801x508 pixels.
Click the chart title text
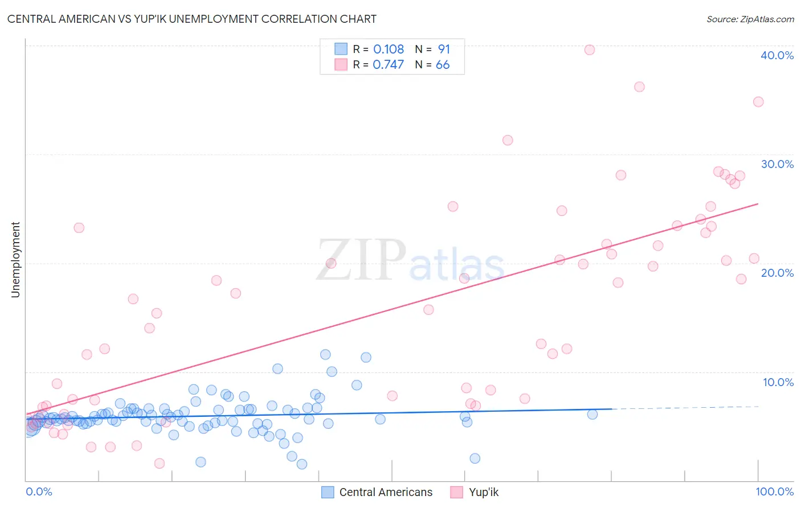(x=191, y=19)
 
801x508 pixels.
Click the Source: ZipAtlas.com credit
(x=750, y=19)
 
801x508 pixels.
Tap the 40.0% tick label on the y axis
(x=777, y=55)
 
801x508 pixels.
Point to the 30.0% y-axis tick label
(x=777, y=164)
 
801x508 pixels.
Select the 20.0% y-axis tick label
(x=777, y=273)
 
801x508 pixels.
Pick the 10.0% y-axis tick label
(x=778, y=382)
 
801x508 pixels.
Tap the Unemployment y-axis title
(x=15, y=260)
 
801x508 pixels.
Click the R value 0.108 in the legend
(x=389, y=50)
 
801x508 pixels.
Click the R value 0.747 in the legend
(x=389, y=65)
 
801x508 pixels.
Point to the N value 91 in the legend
(x=444, y=50)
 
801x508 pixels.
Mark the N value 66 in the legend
(x=443, y=65)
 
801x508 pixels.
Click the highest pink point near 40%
(x=590, y=50)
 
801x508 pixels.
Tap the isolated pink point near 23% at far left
(x=79, y=228)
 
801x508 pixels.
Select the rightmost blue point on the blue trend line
(x=592, y=414)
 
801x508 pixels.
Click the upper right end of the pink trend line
(x=758, y=204)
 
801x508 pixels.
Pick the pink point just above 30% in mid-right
(x=508, y=140)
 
